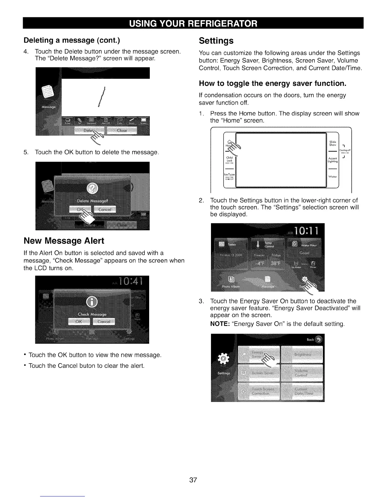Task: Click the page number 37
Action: pyautogui.click(x=193, y=480)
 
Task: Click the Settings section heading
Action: pyautogui.click(x=216, y=41)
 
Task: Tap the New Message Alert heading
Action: pyautogui.click(x=64, y=241)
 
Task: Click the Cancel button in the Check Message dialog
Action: pyautogui.click(x=104, y=322)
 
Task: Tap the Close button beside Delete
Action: pyautogui.click(x=122, y=130)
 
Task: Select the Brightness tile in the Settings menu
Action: pyautogui.click(x=302, y=354)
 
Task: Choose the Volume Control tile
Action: pyautogui.click(x=302, y=373)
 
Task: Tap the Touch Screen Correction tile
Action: pyautogui.click(x=259, y=391)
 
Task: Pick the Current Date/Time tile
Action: pyautogui.click(x=302, y=391)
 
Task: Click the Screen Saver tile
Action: pyautogui.click(x=259, y=373)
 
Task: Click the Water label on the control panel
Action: pyautogui.click(x=333, y=177)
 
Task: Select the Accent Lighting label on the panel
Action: pyautogui.click(x=333, y=160)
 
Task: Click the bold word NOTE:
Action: pyautogui.click(x=219, y=324)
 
